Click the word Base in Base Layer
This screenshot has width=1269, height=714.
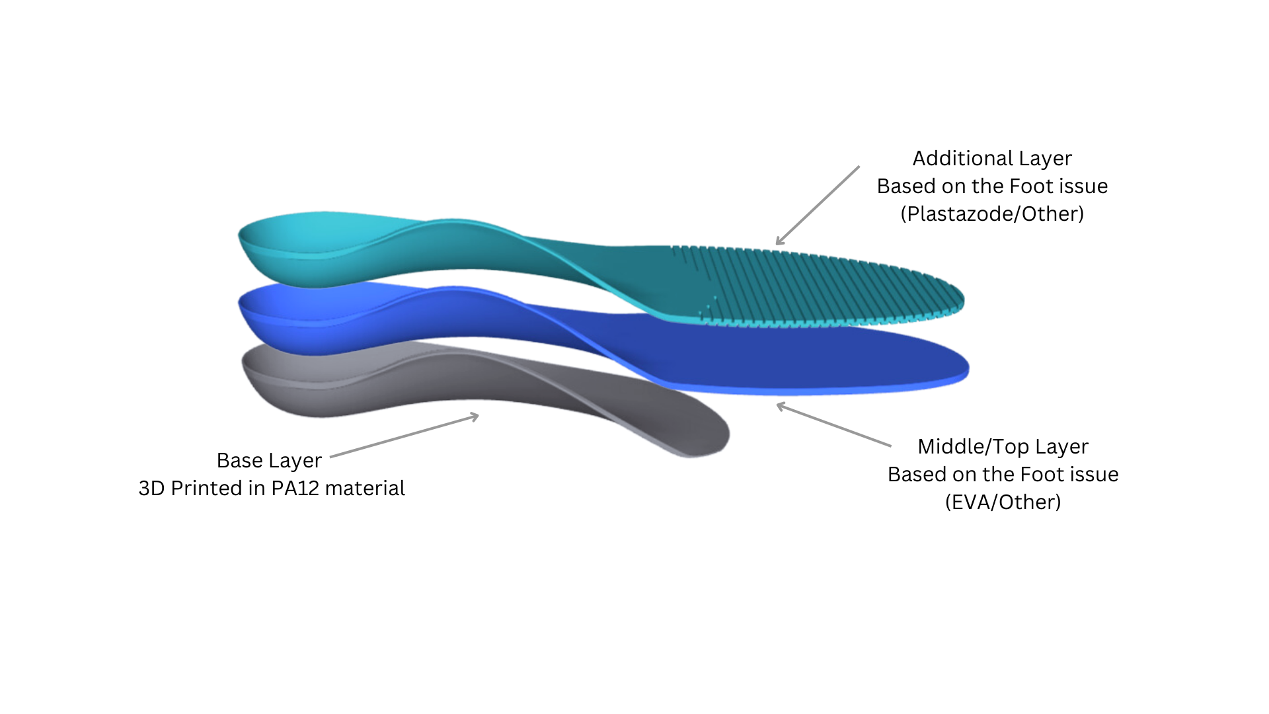point(240,461)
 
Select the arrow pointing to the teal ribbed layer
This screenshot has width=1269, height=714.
point(818,206)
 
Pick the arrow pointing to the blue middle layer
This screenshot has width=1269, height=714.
point(833,424)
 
